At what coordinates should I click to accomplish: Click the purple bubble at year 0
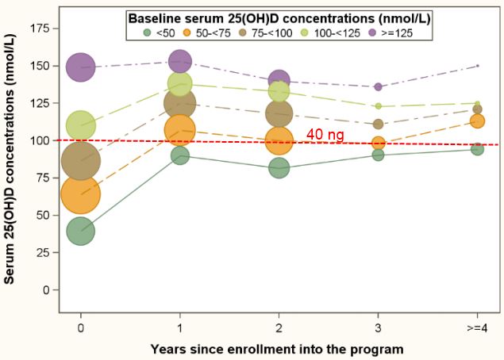coord(80,67)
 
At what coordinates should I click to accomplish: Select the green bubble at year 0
coord(80,231)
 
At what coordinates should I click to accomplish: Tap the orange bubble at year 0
coord(80,193)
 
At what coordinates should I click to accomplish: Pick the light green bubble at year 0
coord(81,124)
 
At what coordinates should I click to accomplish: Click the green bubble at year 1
coord(180,155)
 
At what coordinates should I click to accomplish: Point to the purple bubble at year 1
coord(180,60)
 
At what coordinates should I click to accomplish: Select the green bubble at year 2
coord(279,167)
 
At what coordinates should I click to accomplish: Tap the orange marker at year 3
coord(378,143)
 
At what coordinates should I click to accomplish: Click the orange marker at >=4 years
coord(477,121)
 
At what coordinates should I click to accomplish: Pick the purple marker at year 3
coord(378,86)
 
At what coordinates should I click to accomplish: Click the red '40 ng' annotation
coord(325,135)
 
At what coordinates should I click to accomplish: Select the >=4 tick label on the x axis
coord(477,327)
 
